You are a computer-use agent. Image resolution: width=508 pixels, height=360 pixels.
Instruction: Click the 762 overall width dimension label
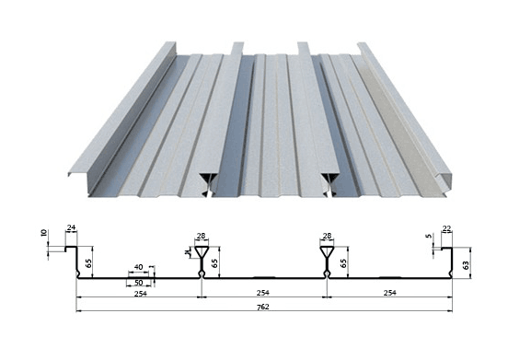coord(263,307)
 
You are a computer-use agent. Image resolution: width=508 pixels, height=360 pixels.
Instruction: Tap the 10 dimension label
coord(44,233)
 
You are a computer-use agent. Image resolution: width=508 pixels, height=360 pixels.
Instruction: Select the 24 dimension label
coord(71,227)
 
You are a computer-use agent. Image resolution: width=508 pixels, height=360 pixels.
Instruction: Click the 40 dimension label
coord(138,267)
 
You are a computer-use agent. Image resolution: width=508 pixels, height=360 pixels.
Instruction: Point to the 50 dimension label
coord(138,283)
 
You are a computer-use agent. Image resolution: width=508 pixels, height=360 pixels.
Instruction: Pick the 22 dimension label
coord(446,228)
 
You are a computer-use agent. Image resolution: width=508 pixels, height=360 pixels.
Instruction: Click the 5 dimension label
coord(430,236)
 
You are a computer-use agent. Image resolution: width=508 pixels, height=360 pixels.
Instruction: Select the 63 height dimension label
coord(466,265)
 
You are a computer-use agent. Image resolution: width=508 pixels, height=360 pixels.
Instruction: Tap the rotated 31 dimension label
coord(187,252)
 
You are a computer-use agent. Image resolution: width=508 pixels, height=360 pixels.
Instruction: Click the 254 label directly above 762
coord(263,293)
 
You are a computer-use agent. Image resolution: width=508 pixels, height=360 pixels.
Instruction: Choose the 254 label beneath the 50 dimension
coord(141,294)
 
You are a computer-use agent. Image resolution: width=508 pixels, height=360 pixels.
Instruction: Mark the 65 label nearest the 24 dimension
coord(88,262)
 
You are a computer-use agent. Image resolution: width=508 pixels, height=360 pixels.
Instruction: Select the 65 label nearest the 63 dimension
coord(344,262)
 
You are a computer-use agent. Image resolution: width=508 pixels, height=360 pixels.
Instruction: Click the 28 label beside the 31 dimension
coord(201,236)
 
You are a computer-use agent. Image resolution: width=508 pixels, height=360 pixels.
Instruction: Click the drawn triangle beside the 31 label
coord(202,251)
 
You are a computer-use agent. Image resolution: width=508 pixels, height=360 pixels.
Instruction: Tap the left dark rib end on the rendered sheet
coord(208,185)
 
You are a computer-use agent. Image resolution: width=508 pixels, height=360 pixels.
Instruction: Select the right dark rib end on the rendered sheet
coord(330,185)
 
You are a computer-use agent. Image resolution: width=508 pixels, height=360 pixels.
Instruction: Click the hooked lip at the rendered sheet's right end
coord(444,178)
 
